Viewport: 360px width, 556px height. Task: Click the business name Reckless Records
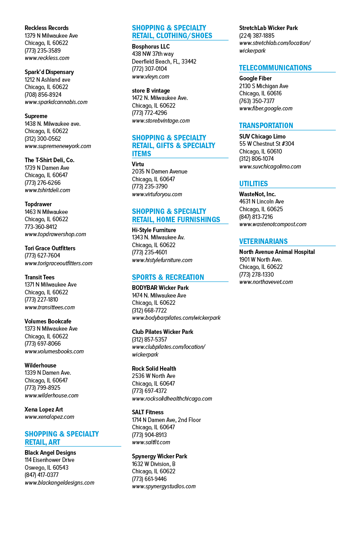coord(46,28)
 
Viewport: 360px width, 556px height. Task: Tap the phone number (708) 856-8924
coord(43,94)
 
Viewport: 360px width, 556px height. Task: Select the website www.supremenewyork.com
coord(58,146)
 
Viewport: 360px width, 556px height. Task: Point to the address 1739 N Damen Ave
coord(47,168)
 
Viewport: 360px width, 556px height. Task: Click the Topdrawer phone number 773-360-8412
coord(41,227)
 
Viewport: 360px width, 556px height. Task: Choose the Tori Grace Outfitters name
coord(50,248)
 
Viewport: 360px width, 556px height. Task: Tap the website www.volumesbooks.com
coord(54,351)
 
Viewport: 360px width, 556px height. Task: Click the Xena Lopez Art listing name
coord(44,410)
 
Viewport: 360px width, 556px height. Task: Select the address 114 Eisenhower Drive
coord(50,460)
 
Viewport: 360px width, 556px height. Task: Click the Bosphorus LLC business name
coord(151,46)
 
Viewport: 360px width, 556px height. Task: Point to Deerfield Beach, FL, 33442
coord(164,62)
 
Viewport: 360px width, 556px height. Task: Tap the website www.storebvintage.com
coord(161,121)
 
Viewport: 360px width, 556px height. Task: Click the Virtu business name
coord(138,164)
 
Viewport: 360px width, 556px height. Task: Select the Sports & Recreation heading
coord(168,277)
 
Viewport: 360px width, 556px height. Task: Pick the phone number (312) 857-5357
coord(149,339)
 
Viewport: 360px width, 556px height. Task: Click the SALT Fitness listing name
coord(148,412)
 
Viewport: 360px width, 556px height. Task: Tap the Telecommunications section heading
coord(275,68)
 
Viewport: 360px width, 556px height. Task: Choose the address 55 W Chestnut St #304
coord(266,144)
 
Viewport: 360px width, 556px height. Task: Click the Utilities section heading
coord(254,184)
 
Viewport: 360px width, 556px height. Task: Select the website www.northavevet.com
coord(266,282)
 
